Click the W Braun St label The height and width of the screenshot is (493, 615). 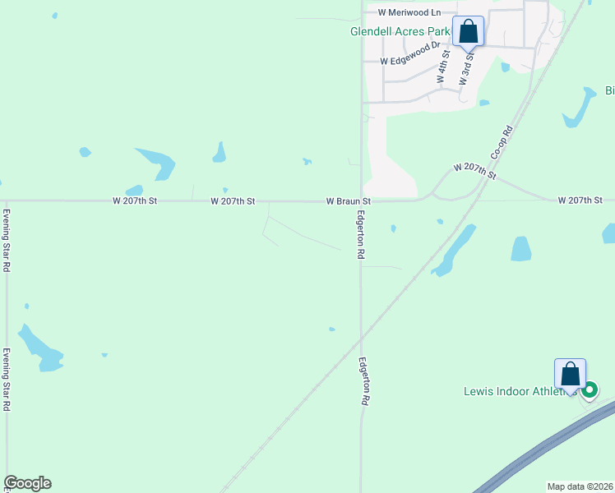point(348,200)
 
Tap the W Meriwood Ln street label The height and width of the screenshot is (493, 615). point(409,12)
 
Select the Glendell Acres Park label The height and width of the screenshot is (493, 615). point(400,32)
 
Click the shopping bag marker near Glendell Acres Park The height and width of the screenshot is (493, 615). point(468,33)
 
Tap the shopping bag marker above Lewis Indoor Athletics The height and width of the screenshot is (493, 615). point(570,375)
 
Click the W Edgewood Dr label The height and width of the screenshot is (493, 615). point(406,61)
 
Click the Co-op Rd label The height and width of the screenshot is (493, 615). point(502,142)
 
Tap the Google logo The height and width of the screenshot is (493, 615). point(27,483)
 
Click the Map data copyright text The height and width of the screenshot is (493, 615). point(580,486)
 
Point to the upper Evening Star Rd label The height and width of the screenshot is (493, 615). point(6,241)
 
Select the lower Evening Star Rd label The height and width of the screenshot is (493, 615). point(6,380)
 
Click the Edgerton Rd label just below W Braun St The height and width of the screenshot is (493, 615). point(360,234)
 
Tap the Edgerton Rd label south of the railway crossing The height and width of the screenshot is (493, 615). point(363,380)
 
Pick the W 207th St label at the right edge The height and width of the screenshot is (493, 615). point(580,200)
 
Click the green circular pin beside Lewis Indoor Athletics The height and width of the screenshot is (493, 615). point(590,390)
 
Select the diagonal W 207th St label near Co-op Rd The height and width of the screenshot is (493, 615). point(476,171)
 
